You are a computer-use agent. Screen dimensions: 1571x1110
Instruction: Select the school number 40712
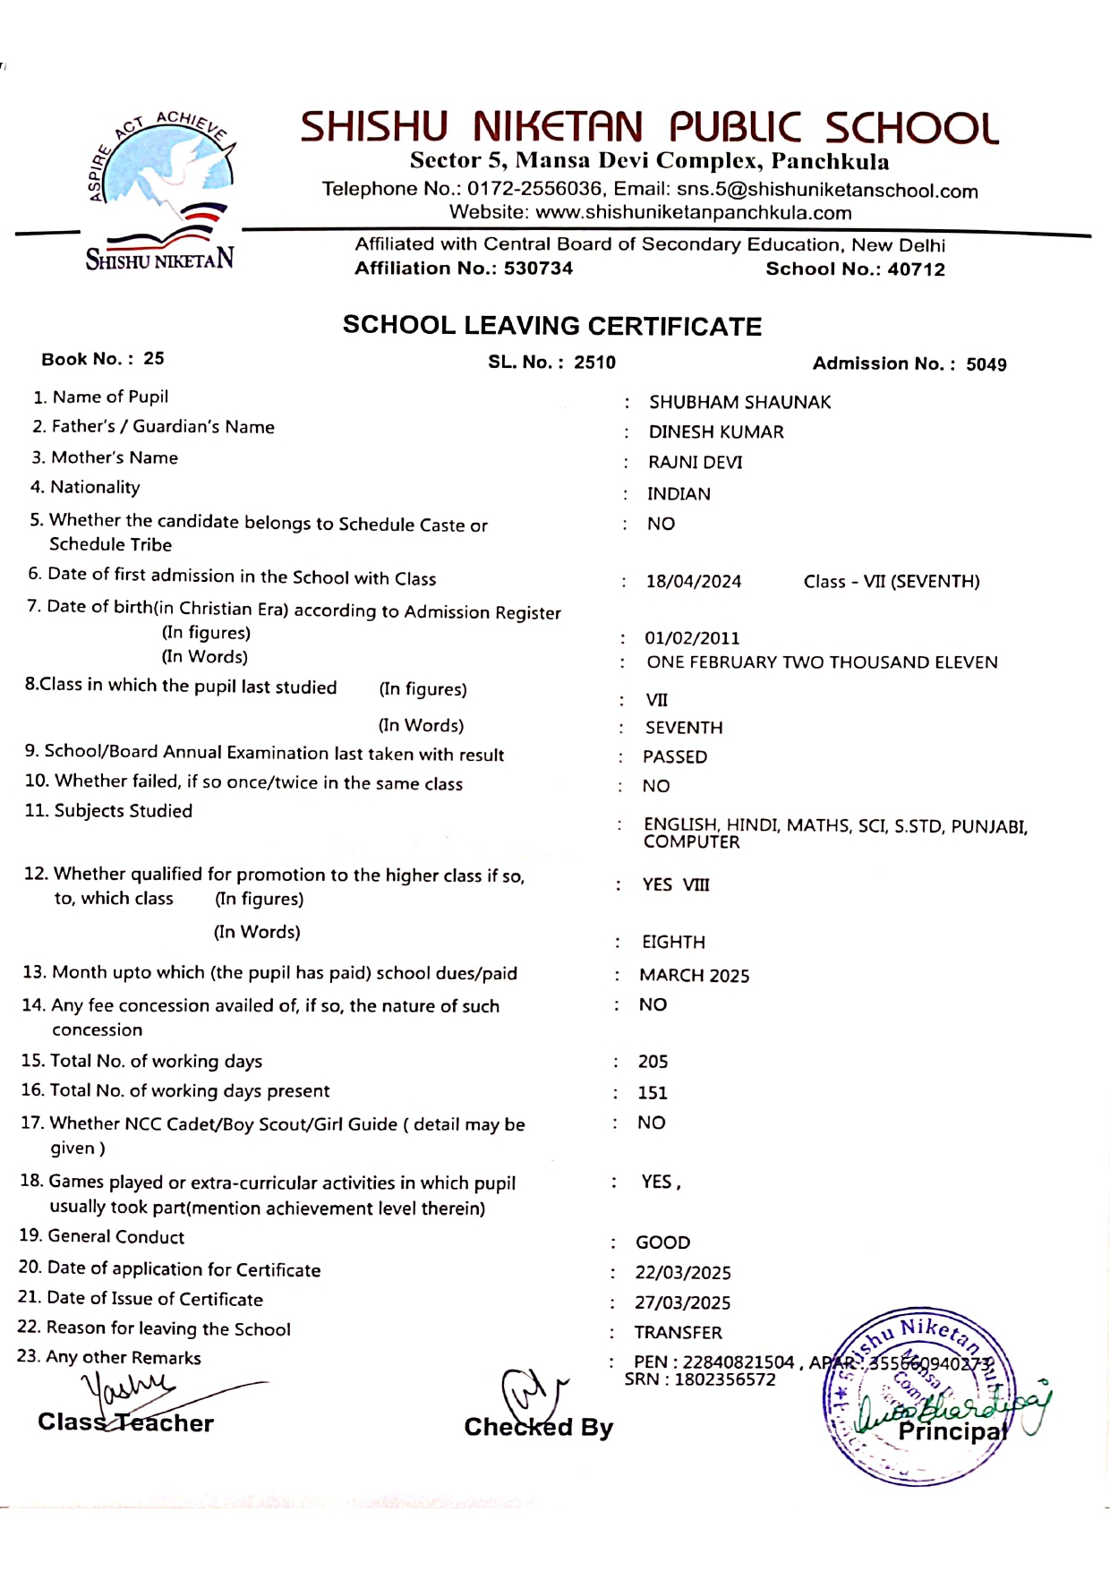tap(916, 269)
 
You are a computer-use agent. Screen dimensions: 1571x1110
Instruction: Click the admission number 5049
tap(986, 364)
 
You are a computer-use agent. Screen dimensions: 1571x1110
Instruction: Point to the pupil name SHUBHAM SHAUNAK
tap(739, 403)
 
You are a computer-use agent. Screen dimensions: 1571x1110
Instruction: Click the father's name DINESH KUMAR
tap(715, 432)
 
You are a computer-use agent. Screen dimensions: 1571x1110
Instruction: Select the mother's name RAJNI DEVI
tap(695, 463)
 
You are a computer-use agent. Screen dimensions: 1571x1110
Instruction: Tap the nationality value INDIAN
tap(679, 494)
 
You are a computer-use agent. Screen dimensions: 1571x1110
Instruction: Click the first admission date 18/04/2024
tap(694, 582)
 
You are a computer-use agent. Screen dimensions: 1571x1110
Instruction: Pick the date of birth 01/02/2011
tap(692, 638)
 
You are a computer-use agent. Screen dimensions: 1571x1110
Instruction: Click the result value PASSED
tap(675, 757)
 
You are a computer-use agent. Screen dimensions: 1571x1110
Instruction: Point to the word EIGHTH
tap(673, 943)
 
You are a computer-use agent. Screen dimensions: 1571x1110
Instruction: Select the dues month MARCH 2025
tap(694, 976)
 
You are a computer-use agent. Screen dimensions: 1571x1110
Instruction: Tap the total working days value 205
tap(653, 1062)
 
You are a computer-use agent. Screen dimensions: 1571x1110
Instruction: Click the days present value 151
tap(652, 1093)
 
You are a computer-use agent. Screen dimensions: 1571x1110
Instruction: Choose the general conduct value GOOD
tap(662, 1242)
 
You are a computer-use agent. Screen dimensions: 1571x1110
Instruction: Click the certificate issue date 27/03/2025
tap(682, 1303)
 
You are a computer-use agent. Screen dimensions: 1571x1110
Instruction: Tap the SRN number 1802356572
tap(724, 1379)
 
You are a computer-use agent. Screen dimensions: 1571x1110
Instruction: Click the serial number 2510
tap(594, 363)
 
